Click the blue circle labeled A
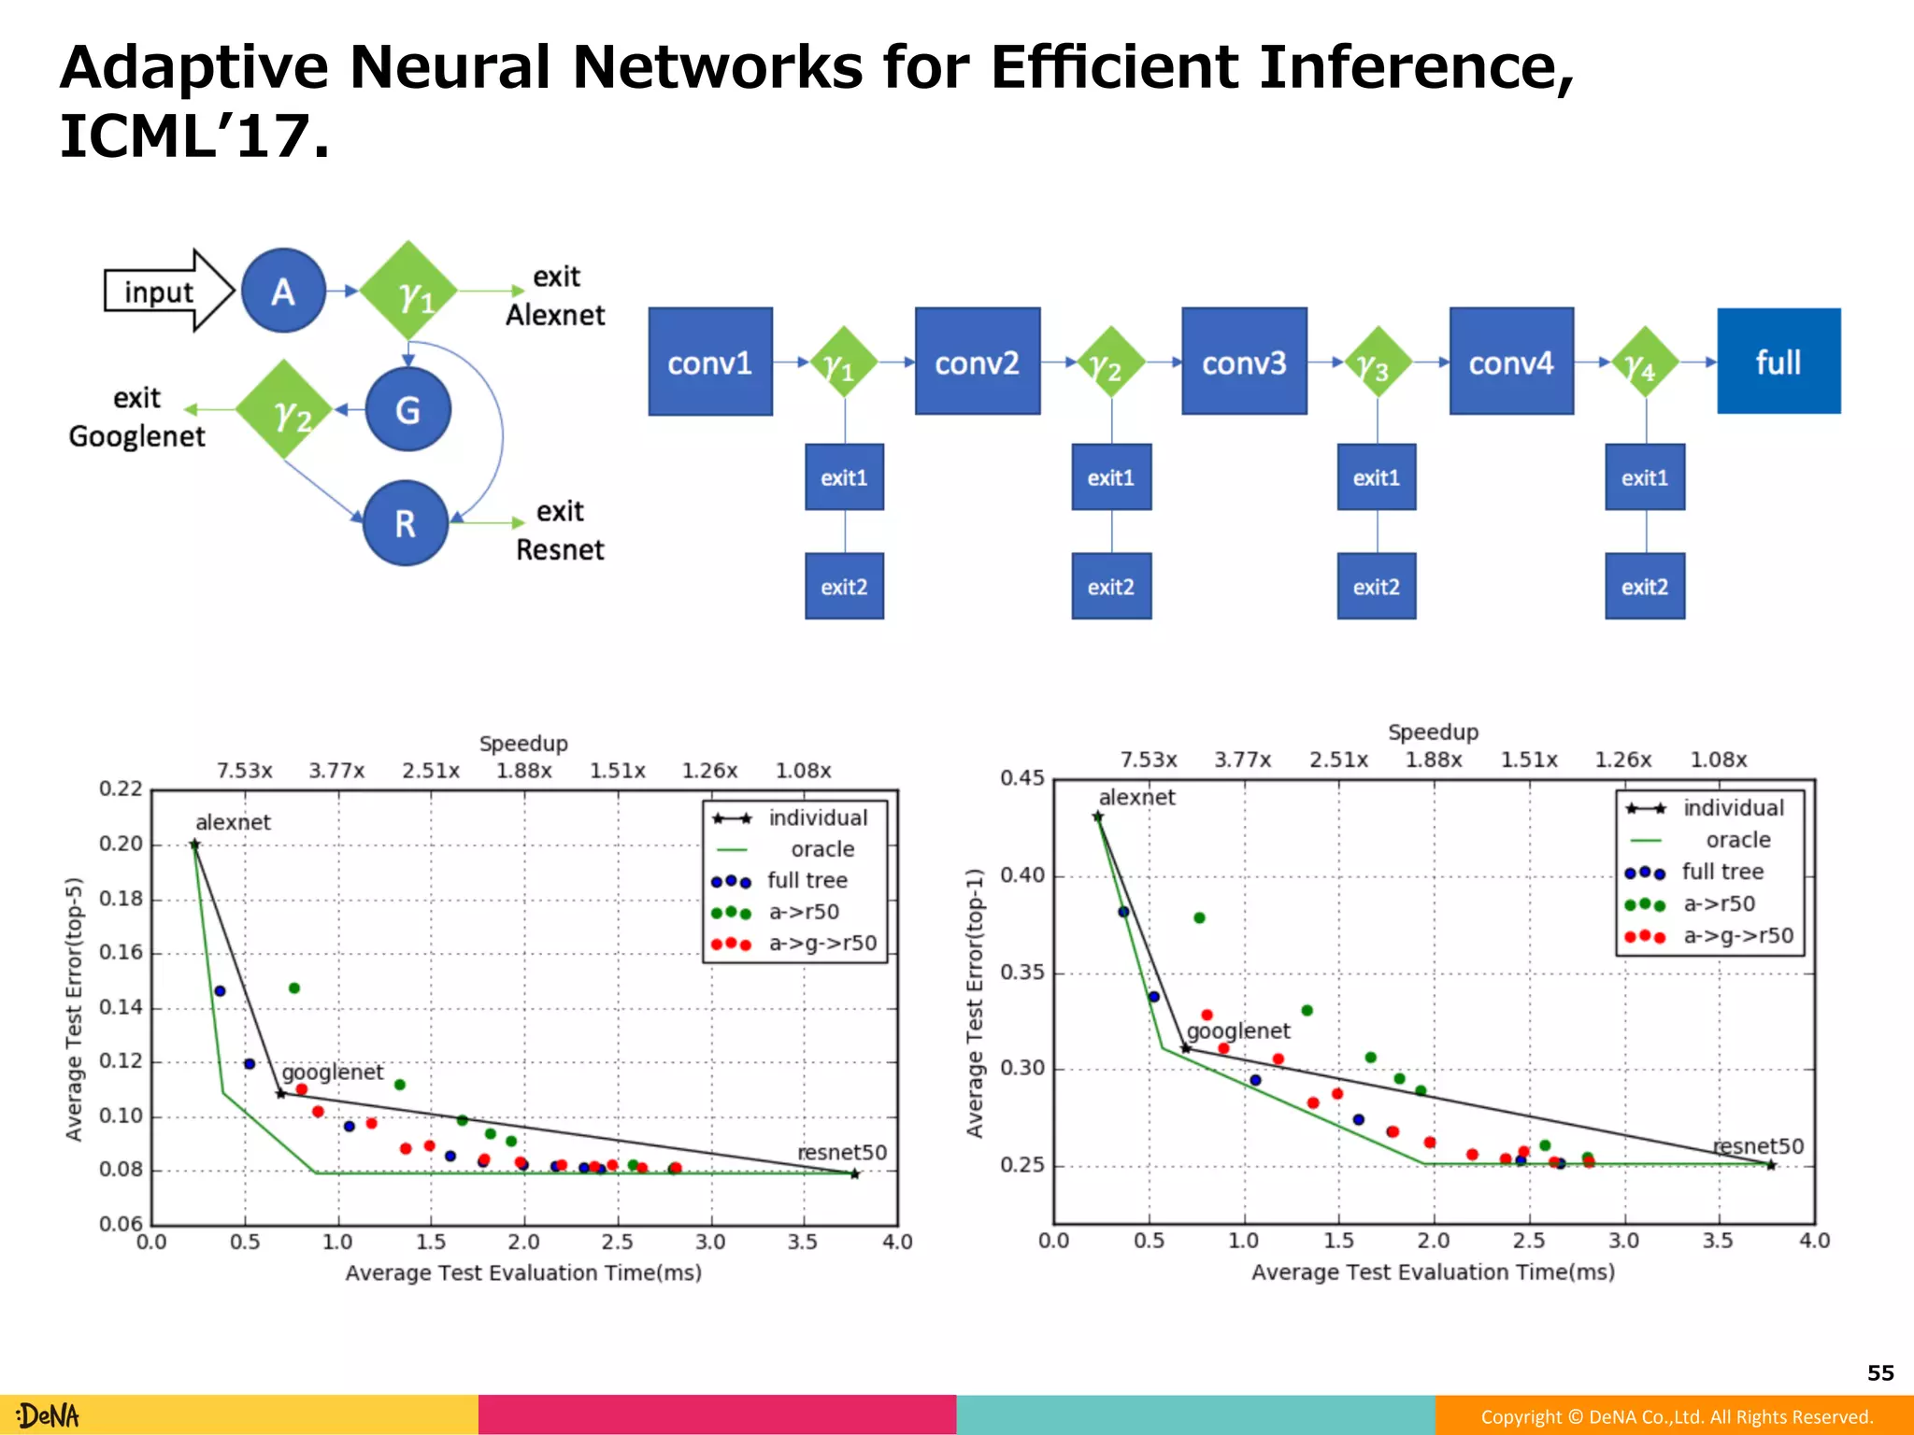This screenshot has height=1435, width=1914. click(283, 291)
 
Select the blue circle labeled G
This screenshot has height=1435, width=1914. click(407, 409)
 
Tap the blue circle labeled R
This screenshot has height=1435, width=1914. click(405, 523)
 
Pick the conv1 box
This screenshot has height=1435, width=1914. click(710, 362)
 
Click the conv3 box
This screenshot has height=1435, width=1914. click(1244, 362)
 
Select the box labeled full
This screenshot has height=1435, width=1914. click(1778, 362)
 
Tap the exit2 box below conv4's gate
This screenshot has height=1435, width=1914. click(1645, 586)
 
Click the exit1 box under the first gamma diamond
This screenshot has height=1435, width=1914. click(844, 477)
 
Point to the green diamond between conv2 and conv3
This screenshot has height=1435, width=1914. click(1110, 362)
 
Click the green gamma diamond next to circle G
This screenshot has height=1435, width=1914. click(284, 409)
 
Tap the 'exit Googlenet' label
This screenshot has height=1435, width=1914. click(136, 417)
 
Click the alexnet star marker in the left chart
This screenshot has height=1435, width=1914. click(194, 845)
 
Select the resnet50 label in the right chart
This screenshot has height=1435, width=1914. click(1758, 1145)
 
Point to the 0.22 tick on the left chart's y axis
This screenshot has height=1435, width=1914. click(121, 789)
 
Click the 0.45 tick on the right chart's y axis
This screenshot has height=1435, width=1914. click(1021, 778)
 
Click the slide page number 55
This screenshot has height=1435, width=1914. click(1880, 1372)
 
